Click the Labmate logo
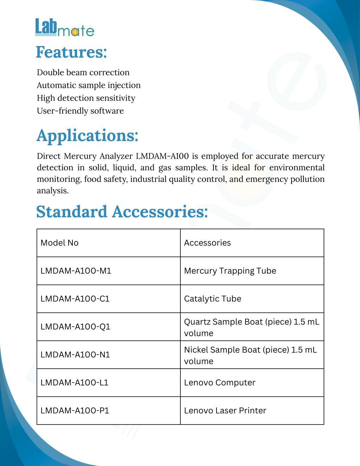pyautogui.click(x=65, y=27)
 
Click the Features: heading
pyautogui.click(x=71, y=52)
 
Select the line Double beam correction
pyautogui.click(x=83, y=72)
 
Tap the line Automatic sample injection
pyautogui.click(x=89, y=85)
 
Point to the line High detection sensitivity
pyautogui.click(x=86, y=98)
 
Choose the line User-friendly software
pyautogui.click(x=80, y=111)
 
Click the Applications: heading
pyautogui.click(x=88, y=136)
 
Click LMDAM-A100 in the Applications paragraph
pyautogui.click(x=162, y=156)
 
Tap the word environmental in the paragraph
pyautogui.click(x=297, y=167)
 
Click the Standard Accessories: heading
pyautogui.click(x=122, y=212)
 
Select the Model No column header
pyautogui.click(x=59, y=243)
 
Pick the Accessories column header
pyautogui.click(x=207, y=243)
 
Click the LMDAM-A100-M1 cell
pyautogui.click(x=76, y=271)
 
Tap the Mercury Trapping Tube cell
pyautogui.click(x=230, y=271)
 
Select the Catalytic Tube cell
pyautogui.click(x=212, y=299)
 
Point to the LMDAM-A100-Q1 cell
pyautogui.click(x=75, y=327)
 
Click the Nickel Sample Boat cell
pyautogui.click(x=250, y=355)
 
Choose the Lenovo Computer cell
pyautogui.click(x=220, y=383)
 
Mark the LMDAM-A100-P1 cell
pyautogui.click(x=75, y=411)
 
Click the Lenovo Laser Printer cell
pyautogui.click(x=225, y=411)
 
